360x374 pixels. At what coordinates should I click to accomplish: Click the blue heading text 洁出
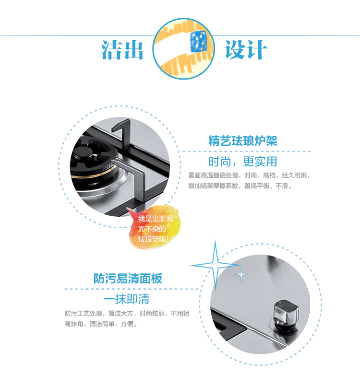point(122,49)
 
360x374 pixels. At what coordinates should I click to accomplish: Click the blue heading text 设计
point(246,49)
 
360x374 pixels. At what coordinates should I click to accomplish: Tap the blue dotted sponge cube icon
point(198,41)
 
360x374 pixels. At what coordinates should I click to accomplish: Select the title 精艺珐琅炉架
point(243,140)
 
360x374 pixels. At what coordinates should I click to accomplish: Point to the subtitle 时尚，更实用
point(243,162)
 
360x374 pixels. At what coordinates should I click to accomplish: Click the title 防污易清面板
point(128,279)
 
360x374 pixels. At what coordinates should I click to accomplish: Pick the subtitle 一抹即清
point(126,299)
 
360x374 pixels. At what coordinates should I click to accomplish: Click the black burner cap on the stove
point(83,152)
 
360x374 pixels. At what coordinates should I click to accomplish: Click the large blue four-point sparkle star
point(215,265)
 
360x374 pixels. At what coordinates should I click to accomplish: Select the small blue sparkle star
point(241,275)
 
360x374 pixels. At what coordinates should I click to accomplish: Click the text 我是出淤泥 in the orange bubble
point(155,219)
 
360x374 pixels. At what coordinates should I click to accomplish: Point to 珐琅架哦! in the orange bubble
point(154,239)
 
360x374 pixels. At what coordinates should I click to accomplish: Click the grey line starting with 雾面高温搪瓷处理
point(249,175)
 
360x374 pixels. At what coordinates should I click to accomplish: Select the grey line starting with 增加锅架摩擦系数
point(240,186)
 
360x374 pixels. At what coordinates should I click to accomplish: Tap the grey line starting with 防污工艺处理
point(127,313)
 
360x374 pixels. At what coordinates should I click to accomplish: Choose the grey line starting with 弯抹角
point(101,324)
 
